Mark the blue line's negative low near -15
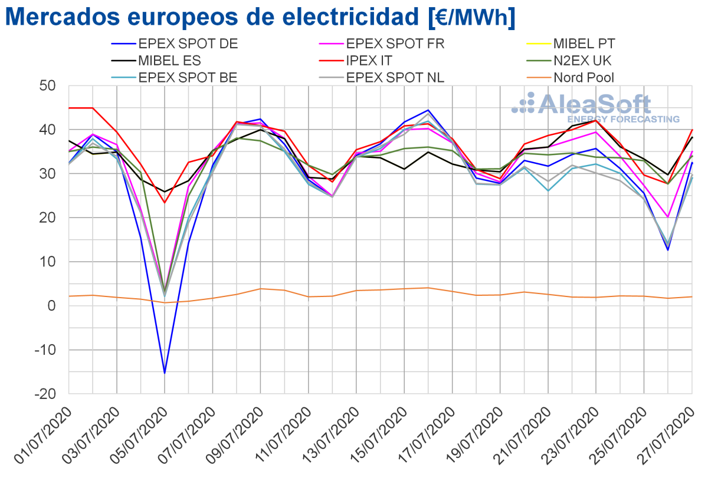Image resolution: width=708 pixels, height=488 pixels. click(165, 373)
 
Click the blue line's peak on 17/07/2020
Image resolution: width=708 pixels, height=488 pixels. click(428, 110)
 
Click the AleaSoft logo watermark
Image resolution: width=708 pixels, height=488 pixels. click(596, 107)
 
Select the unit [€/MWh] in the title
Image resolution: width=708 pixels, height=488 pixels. click(471, 18)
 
